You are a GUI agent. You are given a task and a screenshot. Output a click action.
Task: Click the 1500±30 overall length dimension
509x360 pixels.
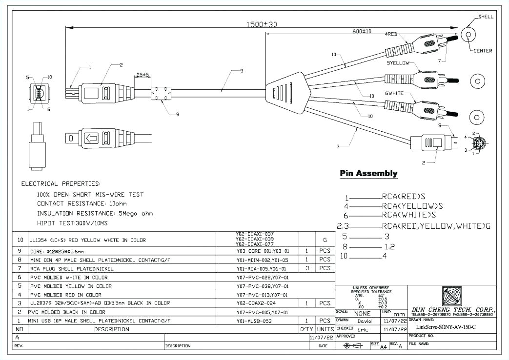[261, 24]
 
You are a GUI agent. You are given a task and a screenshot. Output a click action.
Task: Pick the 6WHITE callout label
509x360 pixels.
[397, 92]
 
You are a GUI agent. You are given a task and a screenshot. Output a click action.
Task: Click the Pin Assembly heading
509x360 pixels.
[368, 174]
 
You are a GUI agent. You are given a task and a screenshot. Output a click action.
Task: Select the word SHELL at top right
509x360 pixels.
[486, 17]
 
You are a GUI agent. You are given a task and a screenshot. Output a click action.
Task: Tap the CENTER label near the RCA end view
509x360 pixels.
[483, 51]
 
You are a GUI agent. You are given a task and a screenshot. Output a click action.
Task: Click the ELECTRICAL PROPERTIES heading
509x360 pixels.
[61, 184]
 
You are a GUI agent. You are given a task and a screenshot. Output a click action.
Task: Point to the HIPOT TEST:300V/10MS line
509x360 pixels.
[72, 222]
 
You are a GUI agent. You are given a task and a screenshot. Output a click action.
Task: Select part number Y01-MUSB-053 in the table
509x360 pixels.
[251, 321]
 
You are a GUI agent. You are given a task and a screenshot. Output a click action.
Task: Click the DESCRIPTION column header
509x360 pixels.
[112, 329]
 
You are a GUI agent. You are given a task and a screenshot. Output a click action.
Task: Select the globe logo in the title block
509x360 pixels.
[452, 296]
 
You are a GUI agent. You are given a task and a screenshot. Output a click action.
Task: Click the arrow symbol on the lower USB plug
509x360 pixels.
[91, 139]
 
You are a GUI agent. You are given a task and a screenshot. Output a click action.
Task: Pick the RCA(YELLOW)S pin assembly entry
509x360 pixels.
[412, 205]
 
